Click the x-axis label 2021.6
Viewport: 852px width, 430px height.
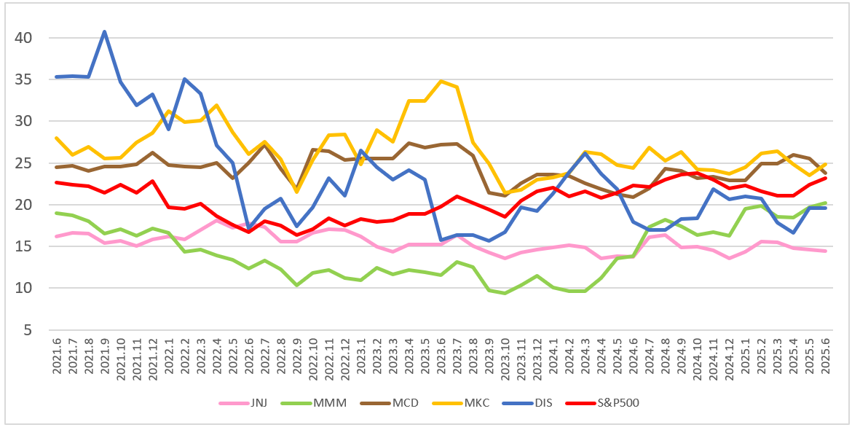pos(57,355)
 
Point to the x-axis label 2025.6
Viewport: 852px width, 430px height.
pos(825,355)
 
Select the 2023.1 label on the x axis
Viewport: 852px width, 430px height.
pos(361,355)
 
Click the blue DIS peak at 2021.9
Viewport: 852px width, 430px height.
pos(105,31)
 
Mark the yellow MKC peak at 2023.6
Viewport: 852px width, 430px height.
pos(441,81)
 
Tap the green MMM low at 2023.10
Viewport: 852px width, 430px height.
pos(505,293)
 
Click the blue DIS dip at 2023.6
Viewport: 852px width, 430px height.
pos(441,240)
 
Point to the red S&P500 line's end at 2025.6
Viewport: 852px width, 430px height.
pos(825,178)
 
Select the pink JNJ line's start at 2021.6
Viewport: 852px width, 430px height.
pos(57,236)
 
